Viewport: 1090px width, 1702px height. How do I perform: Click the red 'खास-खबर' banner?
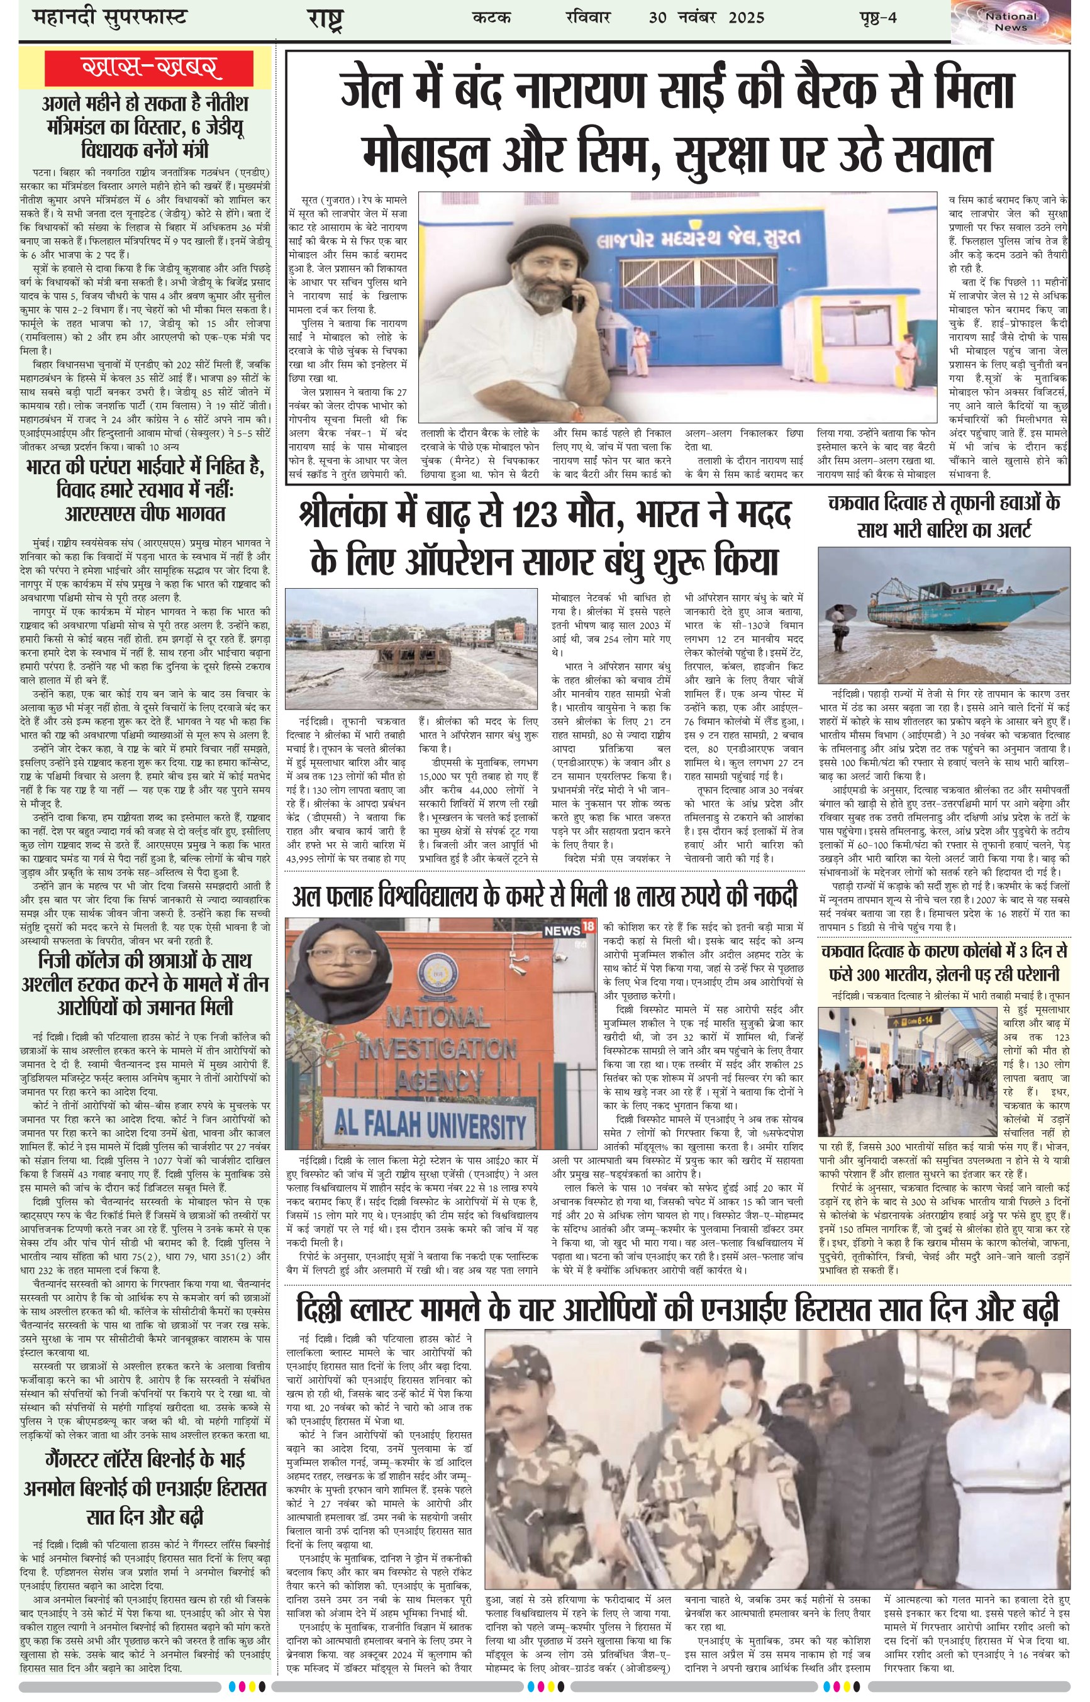[146, 69]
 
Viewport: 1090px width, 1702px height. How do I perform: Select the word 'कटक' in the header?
[491, 18]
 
